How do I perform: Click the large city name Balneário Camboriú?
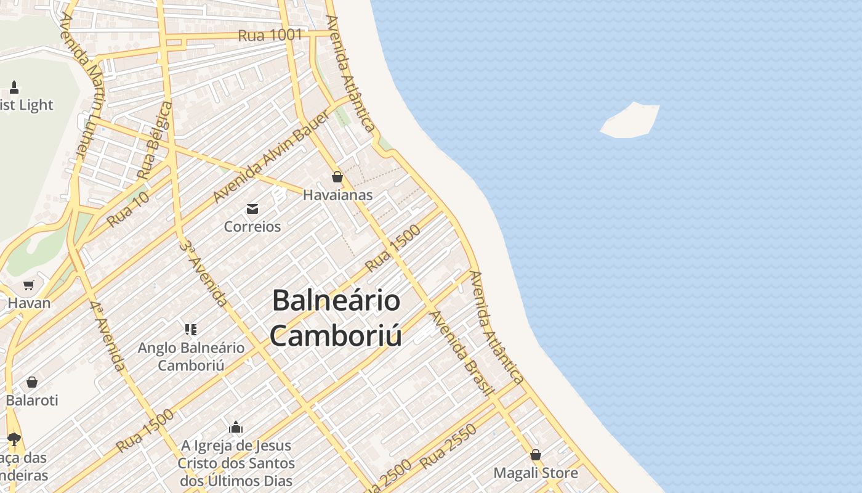(x=336, y=318)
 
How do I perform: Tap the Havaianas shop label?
(x=337, y=195)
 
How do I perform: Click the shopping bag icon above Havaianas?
(x=337, y=177)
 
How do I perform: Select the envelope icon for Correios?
(x=252, y=209)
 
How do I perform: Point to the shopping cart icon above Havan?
(x=29, y=285)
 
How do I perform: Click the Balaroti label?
(x=32, y=400)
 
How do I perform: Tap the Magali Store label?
(x=536, y=473)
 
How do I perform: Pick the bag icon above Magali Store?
(x=536, y=455)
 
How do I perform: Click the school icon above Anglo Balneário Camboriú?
(x=191, y=330)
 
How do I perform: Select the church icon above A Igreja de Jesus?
(x=236, y=427)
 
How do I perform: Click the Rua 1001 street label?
(x=270, y=35)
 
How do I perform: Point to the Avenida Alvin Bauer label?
(x=271, y=157)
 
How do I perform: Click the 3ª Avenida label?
(x=203, y=273)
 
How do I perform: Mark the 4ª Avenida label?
(x=107, y=336)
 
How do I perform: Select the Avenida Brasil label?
(x=462, y=352)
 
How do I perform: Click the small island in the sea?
(x=630, y=120)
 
